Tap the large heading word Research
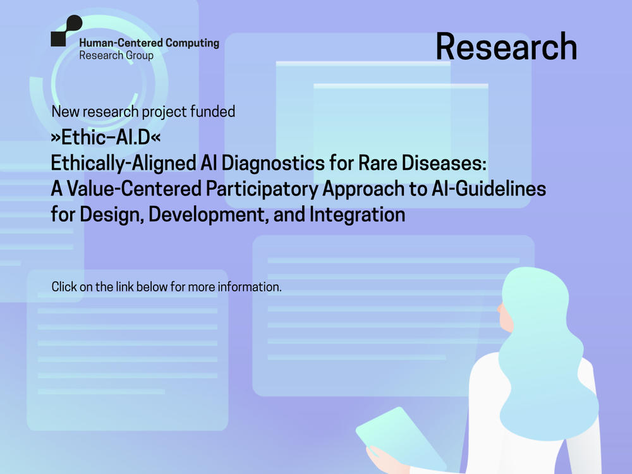506,47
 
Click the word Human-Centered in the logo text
121,43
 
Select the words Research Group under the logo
116,55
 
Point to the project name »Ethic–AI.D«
106,137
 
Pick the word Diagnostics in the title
273,163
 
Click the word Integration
357,214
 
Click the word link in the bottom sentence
125,286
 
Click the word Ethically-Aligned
123,164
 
